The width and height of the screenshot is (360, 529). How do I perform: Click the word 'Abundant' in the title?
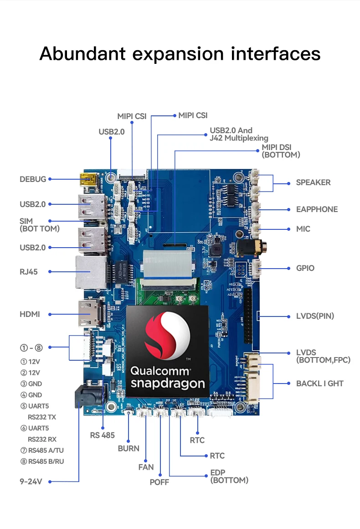[x=82, y=54]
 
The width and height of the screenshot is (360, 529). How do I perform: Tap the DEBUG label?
[x=33, y=179]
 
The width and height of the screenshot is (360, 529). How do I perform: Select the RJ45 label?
[x=29, y=272]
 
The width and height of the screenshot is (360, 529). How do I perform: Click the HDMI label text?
[x=30, y=314]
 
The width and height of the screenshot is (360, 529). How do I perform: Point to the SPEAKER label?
[x=313, y=182]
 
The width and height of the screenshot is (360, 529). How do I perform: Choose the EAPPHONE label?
[x=317, y=209]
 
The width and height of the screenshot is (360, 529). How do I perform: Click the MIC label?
[x=303, y=229]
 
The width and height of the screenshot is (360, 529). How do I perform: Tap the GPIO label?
[x=305, y=268]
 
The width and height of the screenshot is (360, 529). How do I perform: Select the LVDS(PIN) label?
[x=315, y=316]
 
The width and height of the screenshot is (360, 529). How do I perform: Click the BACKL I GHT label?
[x=319, y=384]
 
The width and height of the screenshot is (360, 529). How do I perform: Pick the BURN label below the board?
[x=129, y=448]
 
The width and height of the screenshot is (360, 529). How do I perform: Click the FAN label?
[x=146, y=467]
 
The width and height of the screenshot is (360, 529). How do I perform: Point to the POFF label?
[x=159, y=482]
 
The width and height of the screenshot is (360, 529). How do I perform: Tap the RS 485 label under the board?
[x=103, y=435]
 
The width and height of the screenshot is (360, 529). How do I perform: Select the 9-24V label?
[x=31, y=481]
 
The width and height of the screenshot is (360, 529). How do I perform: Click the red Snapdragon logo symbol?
[x=167, y=335]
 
